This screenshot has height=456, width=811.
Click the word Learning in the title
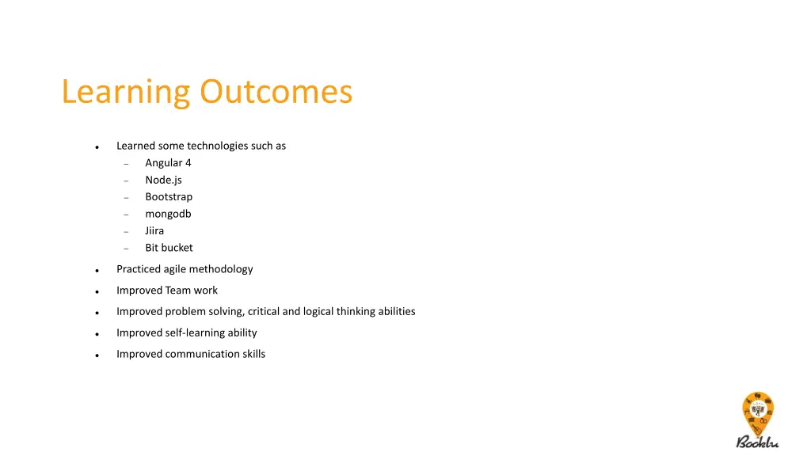pyautogui.click(x=126, y=93)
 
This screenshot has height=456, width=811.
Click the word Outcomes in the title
pyautogui.click(x=276, y=92)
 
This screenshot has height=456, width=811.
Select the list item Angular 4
pyautogui.click(x=168, y=163)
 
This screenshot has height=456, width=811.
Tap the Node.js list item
pyautogui.click(x=163, y=180)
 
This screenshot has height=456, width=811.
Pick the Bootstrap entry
pyautogui.click(x=169, y=197)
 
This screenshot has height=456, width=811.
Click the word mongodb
pyautogui.click(x=168, y=214)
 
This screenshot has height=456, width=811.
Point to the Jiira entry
pyautogui.click(x=154, y=231)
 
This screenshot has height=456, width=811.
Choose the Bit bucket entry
pyautogui.click(x=169, y=248)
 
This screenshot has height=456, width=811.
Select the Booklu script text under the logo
pyautogui.click(x=757, y=442)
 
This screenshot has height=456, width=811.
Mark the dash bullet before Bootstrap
pyautogui.click(x=126, y=198)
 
